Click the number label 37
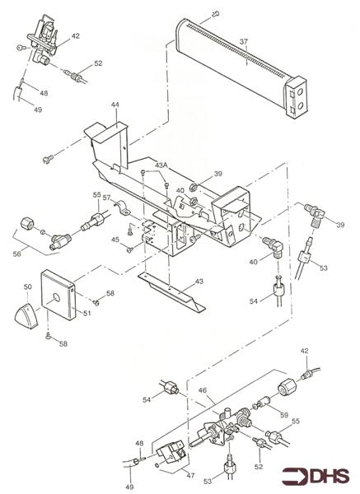(x=242, y=41)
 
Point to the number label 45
(x=117, y=240)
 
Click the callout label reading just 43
(x=198, y=282)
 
